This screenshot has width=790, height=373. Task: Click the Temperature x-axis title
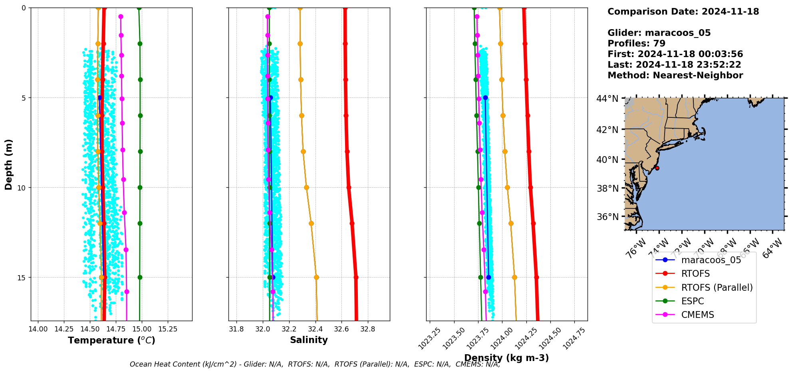point(111,340)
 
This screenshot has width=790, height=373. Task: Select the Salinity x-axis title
point(309,340)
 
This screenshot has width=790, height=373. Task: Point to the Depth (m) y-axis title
point(9,164)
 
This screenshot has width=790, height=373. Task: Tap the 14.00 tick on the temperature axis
point(38,329)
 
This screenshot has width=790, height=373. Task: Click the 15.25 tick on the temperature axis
point(168,329)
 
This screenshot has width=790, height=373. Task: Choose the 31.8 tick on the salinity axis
point(236,329)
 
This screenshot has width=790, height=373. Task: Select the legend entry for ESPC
point(693,301)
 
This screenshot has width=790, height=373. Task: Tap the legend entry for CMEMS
point(697,315)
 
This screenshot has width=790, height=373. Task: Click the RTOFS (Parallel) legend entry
point(717,288)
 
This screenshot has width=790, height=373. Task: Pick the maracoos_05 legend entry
point(711,260)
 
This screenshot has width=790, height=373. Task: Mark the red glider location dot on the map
point(657,168)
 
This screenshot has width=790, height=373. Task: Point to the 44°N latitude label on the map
point(607,98)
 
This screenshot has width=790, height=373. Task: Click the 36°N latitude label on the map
point(607,217)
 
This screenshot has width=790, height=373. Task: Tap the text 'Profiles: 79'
point(636,44)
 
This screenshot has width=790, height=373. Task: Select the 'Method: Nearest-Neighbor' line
point(675,75)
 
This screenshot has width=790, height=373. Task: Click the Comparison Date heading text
point(683,12)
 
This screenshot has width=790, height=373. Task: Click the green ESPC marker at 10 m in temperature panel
point(140,187)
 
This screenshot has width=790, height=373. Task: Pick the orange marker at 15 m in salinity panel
point(316,277)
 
